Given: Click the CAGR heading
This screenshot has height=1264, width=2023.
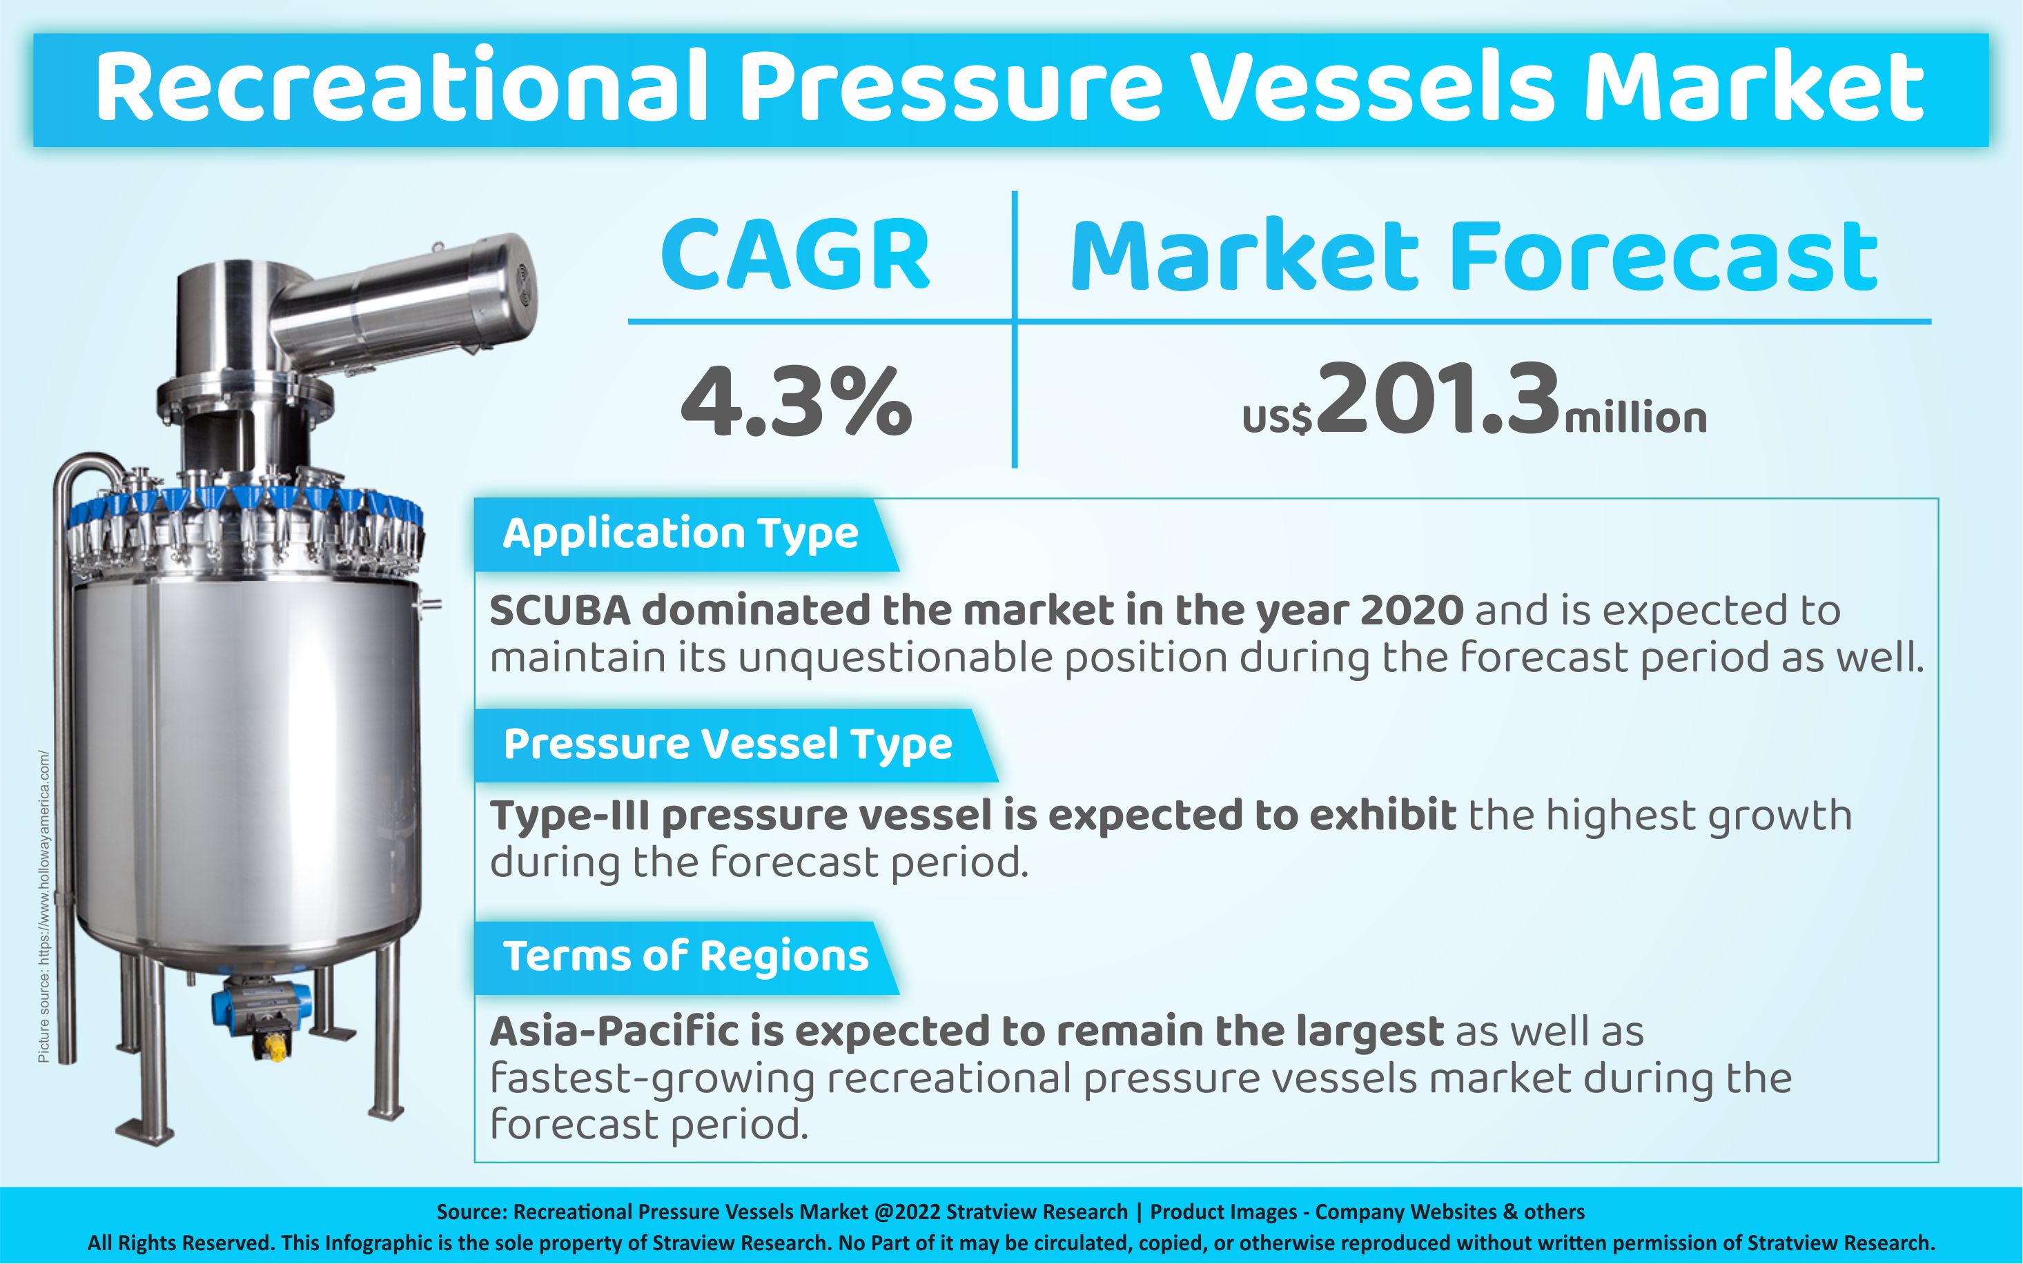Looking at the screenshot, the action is point(794,254).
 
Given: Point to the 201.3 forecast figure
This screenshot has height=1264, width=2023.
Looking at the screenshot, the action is point(1438,398).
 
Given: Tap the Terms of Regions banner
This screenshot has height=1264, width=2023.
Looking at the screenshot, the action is point(686,957).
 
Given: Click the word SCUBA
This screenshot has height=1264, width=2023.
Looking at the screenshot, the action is point(560,611).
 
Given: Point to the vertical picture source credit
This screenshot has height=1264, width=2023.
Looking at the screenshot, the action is point(44,907).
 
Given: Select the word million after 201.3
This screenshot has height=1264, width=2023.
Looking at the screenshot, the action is point(1635,419).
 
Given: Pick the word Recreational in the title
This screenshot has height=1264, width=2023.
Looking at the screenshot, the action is point(402,88).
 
